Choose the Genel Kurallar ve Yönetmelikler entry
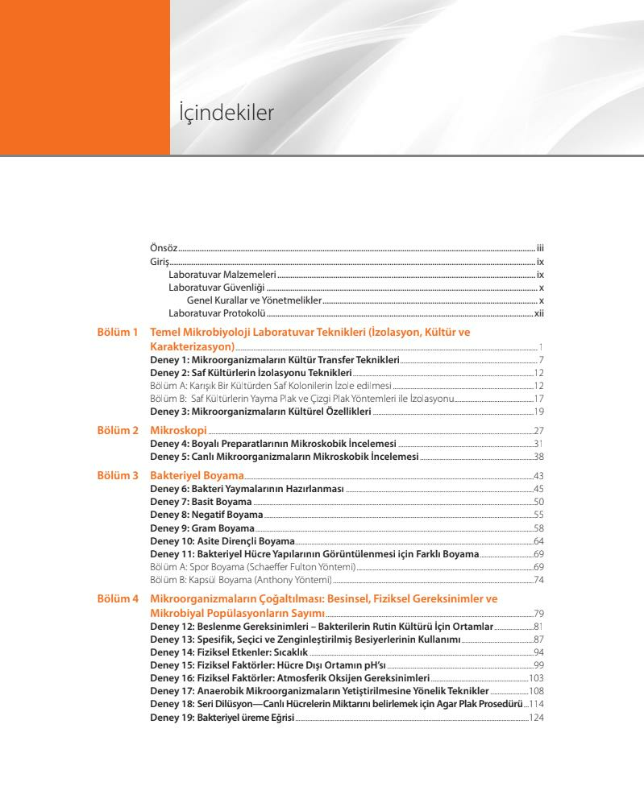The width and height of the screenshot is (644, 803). point(254,300)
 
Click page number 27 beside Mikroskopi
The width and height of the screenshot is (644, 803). point(539,433)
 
